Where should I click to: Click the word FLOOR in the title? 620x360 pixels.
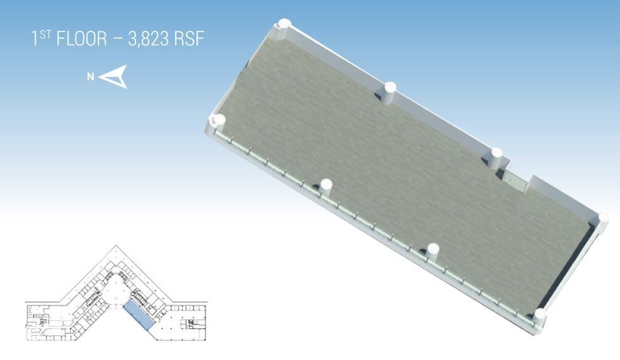[82, 38]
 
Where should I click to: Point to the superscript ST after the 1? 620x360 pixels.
[45, 35]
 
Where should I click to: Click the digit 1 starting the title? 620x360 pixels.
[35, 38]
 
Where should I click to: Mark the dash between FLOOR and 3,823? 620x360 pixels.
[118, 40]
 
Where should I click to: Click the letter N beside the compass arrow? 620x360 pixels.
[91, 76]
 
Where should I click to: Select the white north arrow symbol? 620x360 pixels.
[113, 76]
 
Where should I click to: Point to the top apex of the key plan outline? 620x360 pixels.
[116, 246]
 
